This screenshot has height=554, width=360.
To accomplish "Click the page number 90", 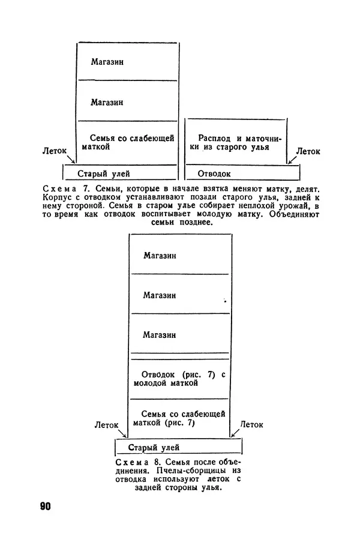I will coord(46,506).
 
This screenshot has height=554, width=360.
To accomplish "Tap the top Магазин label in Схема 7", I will coord(107,61).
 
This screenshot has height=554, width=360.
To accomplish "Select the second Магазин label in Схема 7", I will coord(107,102).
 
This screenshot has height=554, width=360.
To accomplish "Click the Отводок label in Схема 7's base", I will coord(215,173).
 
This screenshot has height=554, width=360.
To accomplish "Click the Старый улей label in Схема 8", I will coord(154,447).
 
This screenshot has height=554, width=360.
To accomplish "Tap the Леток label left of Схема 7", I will coord(55,152).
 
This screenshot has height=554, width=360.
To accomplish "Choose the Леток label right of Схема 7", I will coord(308,152).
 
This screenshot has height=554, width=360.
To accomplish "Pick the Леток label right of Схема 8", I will coord(251,424).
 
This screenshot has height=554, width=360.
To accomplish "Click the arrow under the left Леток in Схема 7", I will coord(71,160).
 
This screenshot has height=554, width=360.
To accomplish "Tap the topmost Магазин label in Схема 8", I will coord(160,255).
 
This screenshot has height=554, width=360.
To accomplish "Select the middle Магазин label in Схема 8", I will coord(160,295).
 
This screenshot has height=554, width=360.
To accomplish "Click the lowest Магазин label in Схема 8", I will coord(160,334).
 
